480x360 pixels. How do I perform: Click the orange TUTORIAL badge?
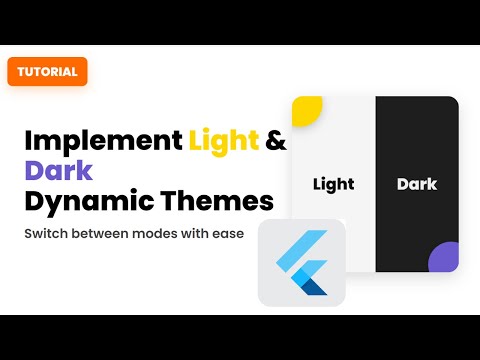point(47,71)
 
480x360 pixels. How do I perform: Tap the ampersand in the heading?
point(276,140)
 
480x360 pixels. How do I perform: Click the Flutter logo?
point(301,263)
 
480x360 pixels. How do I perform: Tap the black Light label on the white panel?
point(333,184)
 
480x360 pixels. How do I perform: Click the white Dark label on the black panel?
point(416,184)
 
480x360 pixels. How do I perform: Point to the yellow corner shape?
point(305,108)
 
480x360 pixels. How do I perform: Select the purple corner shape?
point(445,259)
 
